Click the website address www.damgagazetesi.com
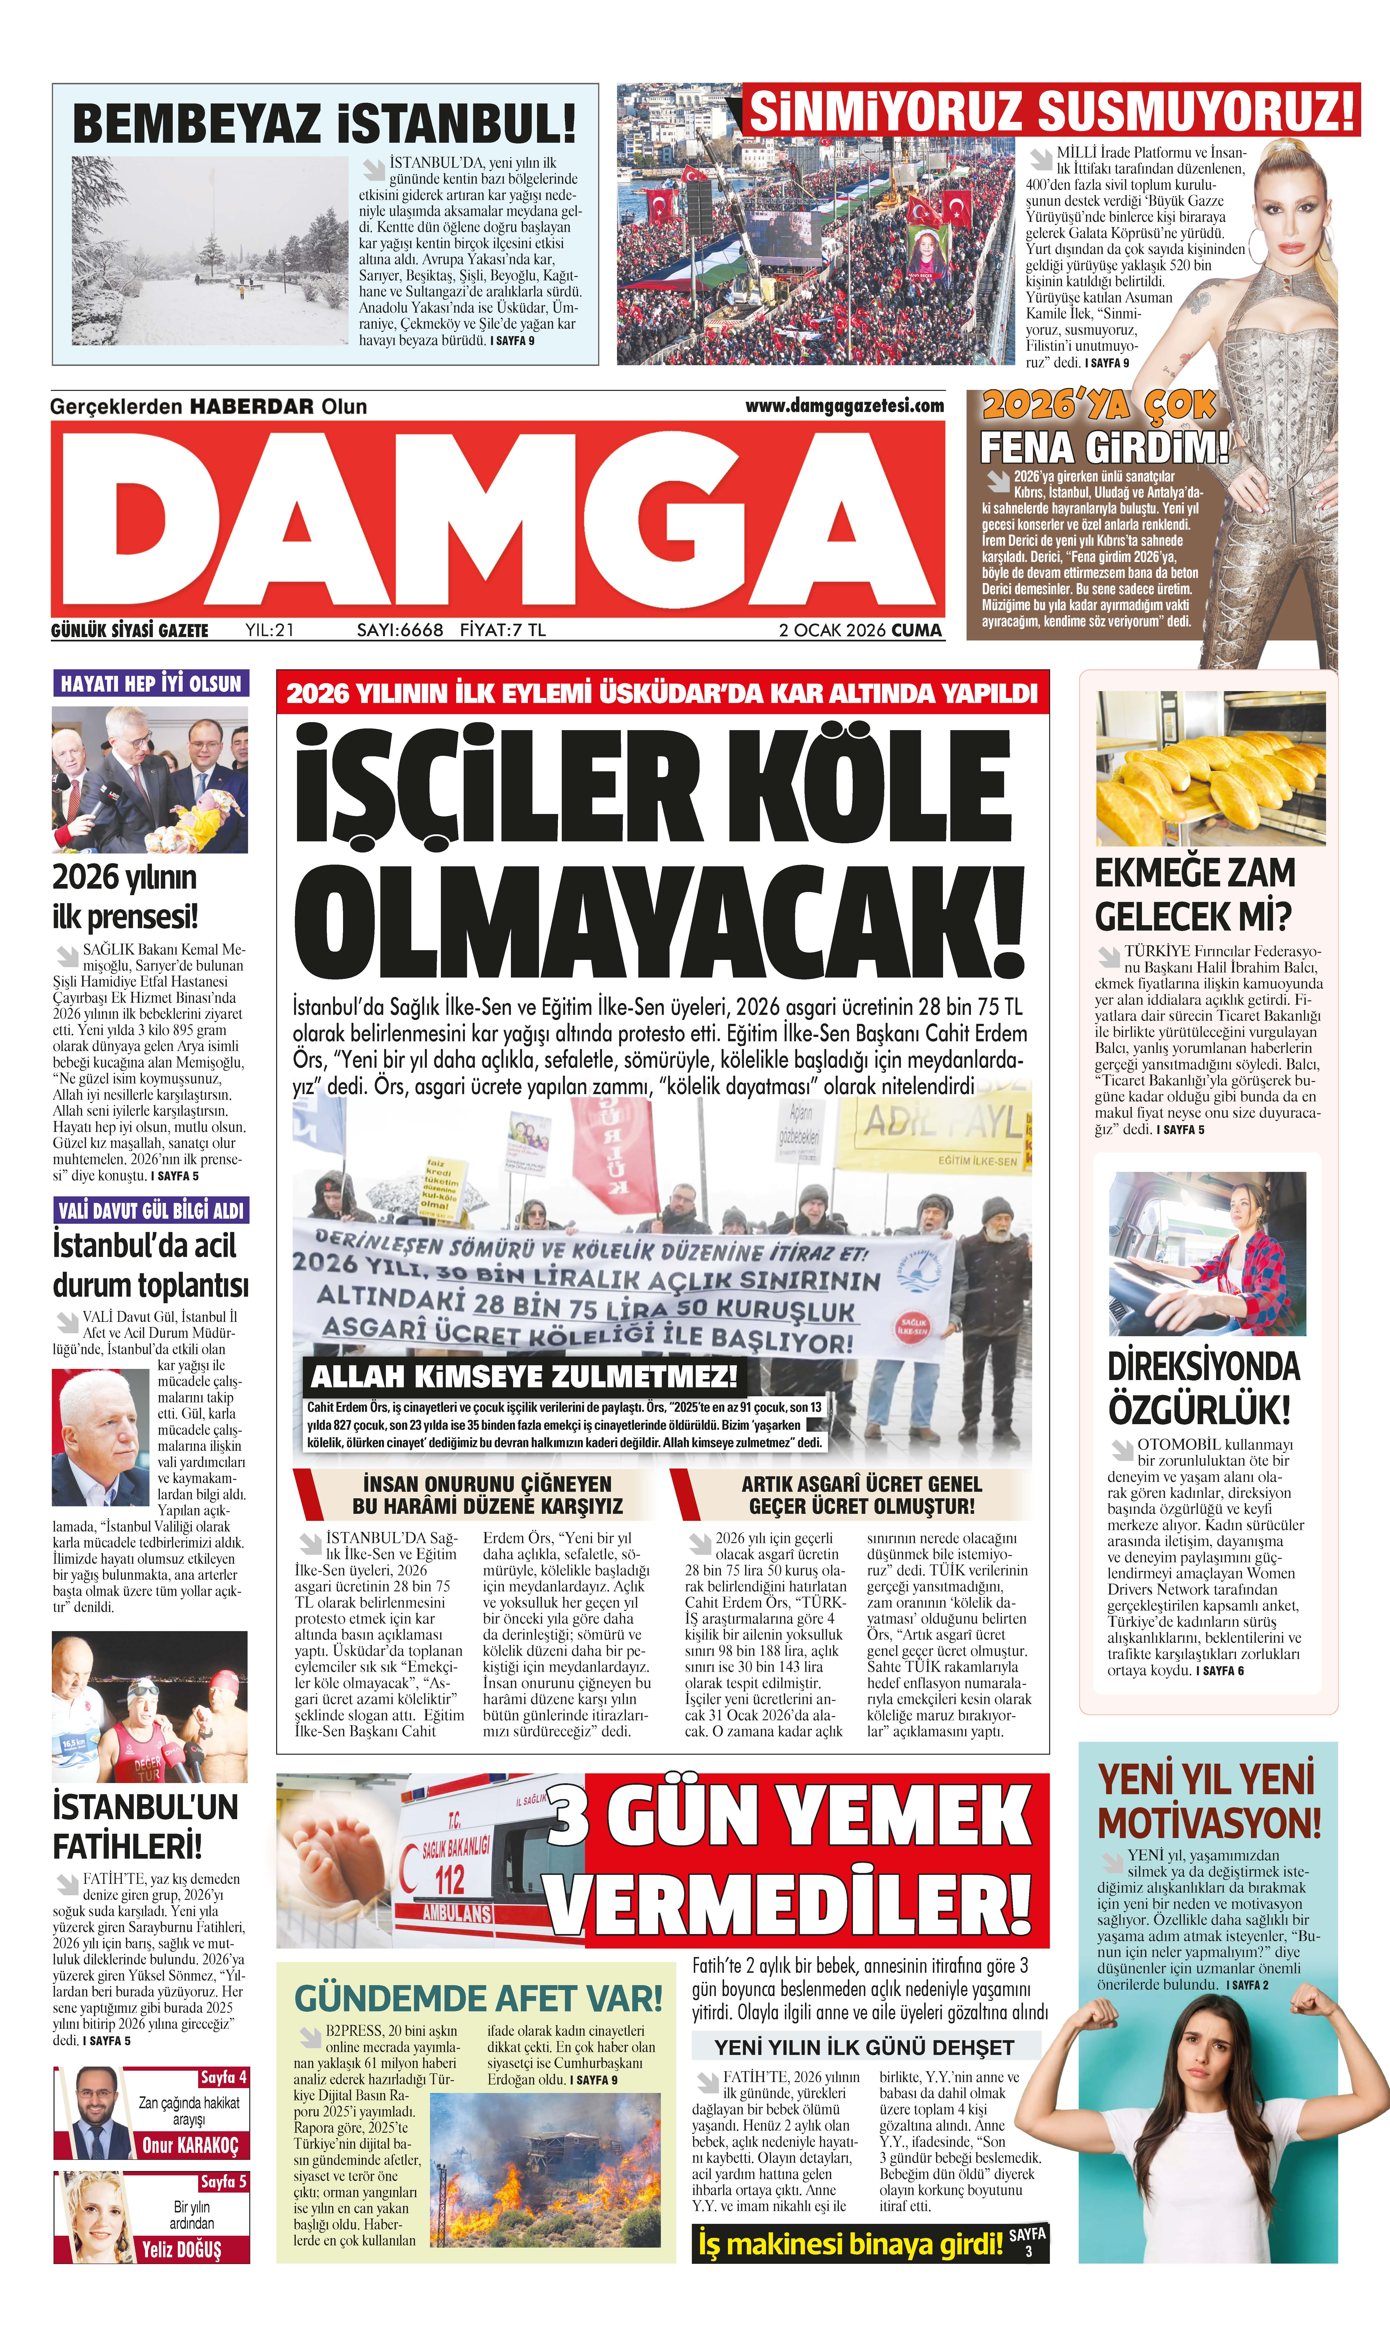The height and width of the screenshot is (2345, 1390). pyautogui.click(x=844, y=406)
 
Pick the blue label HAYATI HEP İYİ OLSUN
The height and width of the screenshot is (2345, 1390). pyautogui.click(x=151, y=683)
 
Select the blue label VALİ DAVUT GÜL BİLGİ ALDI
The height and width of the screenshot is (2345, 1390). pyautogui.click(x=151, y=1210)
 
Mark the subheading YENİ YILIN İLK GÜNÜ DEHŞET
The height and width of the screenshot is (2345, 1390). pyautogui.click(x=864, y=2047)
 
